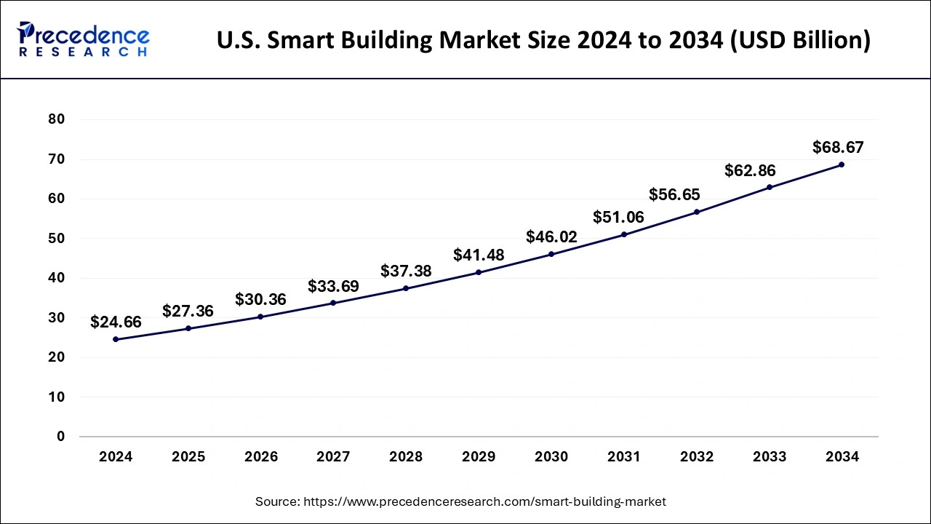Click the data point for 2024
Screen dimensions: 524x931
click(116, 339)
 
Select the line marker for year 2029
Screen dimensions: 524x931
click(479, 272)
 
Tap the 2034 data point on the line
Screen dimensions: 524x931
click(842, 164)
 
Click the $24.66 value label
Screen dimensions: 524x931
click(116, 322)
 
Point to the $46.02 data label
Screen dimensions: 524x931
click(551, 237)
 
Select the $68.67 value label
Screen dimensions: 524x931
click(838, 148)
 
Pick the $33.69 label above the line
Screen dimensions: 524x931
click(333, 287)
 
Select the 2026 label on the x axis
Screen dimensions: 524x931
click(260, 457)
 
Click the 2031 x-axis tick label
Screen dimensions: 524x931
click(624, 457)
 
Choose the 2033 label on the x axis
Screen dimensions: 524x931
click(769, 457)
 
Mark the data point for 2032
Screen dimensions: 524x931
click(696, 212)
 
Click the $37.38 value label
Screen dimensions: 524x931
click(406, 271)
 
